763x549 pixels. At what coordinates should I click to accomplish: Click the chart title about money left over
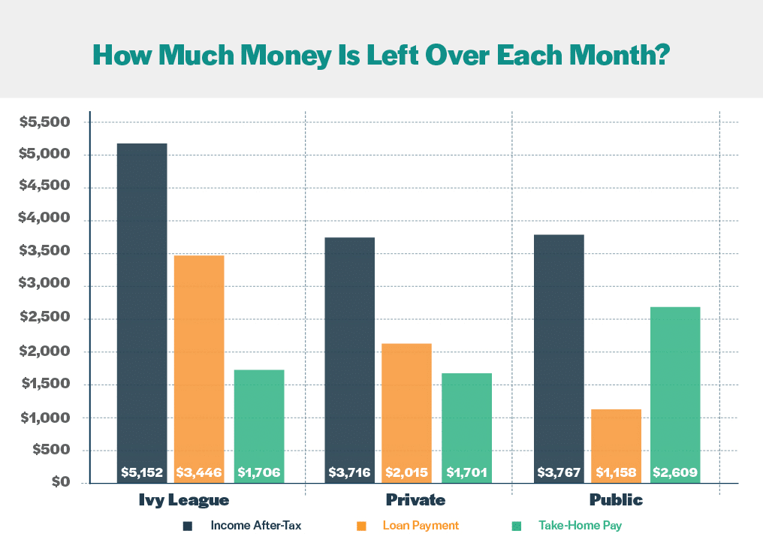tap(381, 54)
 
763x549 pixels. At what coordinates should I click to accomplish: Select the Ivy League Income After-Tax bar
tap(142, 300)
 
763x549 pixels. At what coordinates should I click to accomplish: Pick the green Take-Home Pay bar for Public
tap(675, 383)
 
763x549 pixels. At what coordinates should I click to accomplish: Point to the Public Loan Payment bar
tap(616, 436)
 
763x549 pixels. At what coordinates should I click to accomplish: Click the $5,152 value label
tap(142, 473)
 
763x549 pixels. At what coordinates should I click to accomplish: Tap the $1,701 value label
tap(466, 473)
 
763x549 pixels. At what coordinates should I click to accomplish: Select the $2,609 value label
tap(675, 473)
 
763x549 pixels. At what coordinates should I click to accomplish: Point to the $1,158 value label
tap(616, 473)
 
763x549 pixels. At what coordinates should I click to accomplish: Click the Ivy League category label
tap(183, 500)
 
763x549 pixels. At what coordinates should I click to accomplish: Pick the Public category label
tap(616, 500)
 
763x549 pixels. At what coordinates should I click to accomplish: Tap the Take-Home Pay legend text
tap(580, 526)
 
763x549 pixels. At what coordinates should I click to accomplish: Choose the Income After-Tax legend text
tap(256, 526)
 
